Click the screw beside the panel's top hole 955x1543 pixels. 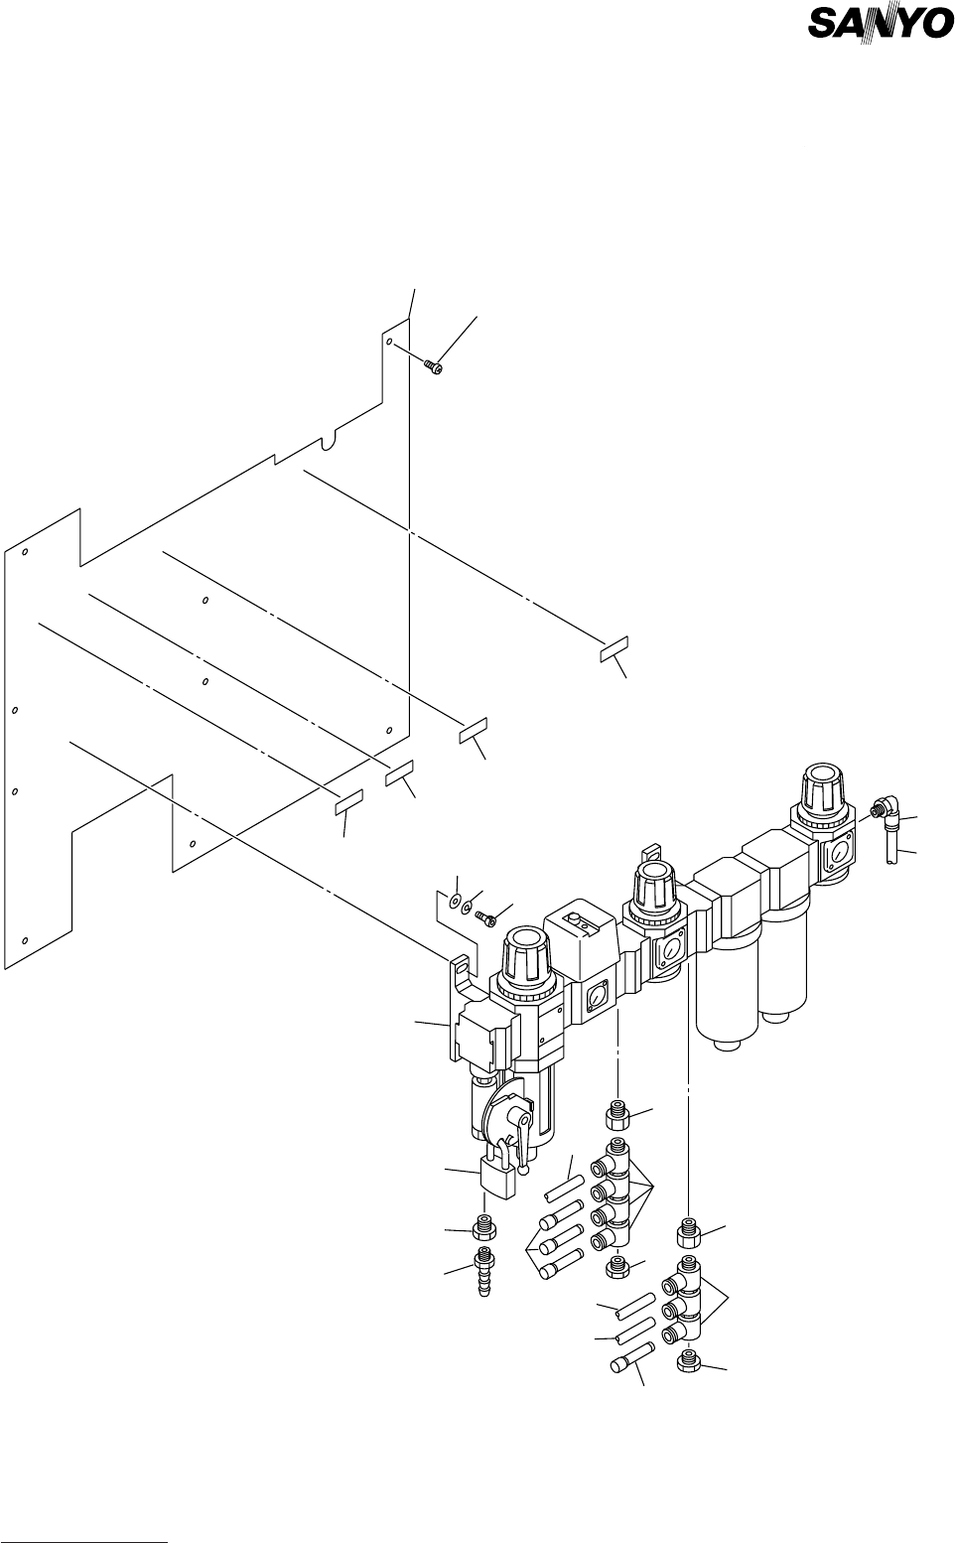click(x=434, y=367)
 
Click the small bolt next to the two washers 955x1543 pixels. click(x=485, y=916)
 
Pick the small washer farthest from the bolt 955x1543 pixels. click(x=454, y=902)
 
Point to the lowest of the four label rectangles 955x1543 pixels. click(x=348, y=801)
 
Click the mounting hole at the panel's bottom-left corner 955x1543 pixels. click(x=25, y=939)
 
